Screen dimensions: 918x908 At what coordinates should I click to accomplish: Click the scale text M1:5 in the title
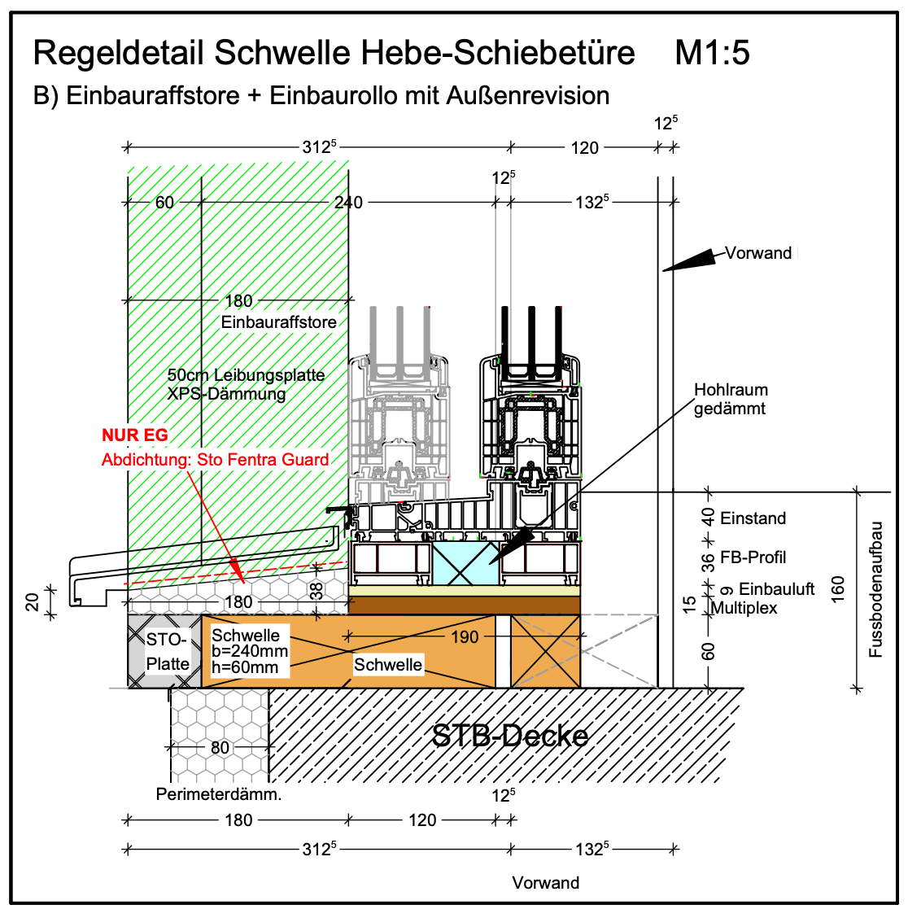(712, 54)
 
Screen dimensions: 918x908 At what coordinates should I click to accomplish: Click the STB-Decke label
(510, 736)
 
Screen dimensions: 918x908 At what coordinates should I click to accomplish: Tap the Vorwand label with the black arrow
(758, 253)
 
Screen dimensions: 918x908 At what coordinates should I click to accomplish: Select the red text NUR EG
(135, 435)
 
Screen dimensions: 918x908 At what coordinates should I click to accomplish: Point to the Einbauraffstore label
(278, 322)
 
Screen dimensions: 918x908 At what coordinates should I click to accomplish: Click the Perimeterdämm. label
(219, 794)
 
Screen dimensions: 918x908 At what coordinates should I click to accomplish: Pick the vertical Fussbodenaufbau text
(876, 589)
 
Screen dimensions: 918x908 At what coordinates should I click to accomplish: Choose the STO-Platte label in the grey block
(168, 652)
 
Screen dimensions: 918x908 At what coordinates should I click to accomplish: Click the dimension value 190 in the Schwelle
(465, 636)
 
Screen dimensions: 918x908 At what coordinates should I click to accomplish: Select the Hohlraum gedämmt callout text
(730, 400)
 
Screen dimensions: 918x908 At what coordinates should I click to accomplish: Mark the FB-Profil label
(753, 557)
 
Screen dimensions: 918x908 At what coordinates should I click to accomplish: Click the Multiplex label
(744, 608)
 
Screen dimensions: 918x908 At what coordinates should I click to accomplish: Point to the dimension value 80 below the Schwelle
(220, 747)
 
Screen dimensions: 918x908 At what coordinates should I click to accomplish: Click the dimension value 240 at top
(348, 202)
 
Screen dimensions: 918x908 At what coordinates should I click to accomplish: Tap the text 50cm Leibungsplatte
(246, 375)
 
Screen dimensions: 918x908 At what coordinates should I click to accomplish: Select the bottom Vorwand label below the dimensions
(546, 883)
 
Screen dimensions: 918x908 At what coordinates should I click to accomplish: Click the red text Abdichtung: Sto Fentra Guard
(216, 460)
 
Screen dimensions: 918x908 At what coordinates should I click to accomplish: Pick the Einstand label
(753, 518)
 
